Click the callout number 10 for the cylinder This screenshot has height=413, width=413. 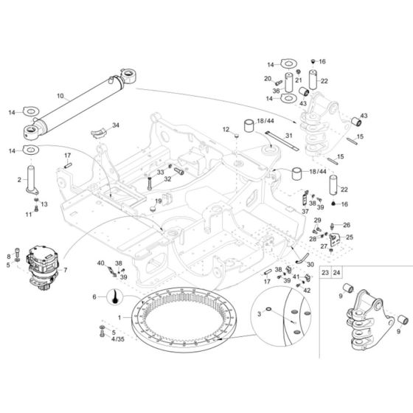pyautogui.click(x=60, y=95)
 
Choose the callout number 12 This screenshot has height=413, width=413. pyautogui.click(x=228, y=130)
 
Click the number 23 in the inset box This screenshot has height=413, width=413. pyautogui.click(x=324, y=272)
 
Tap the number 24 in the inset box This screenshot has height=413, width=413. pyautogui.click(x=337, y=272)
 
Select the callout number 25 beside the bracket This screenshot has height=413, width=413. pyautogui.click(x=350, y=237)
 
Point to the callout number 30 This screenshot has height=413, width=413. pyautogui.click(x=310, y=264)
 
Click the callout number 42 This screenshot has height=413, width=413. pyautogui.click(x=306, y=290)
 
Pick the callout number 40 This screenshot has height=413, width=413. pyautogui.click(x=101, y=263)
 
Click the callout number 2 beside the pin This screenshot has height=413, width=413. pyautogui.click(x=19, y=179)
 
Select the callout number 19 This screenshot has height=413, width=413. pyautogui.click(x=157, y=201)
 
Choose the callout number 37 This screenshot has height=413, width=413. pyautogui.click(x=305, y=210)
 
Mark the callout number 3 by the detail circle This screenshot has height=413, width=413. pyautogui.click(x=258, y=315)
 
